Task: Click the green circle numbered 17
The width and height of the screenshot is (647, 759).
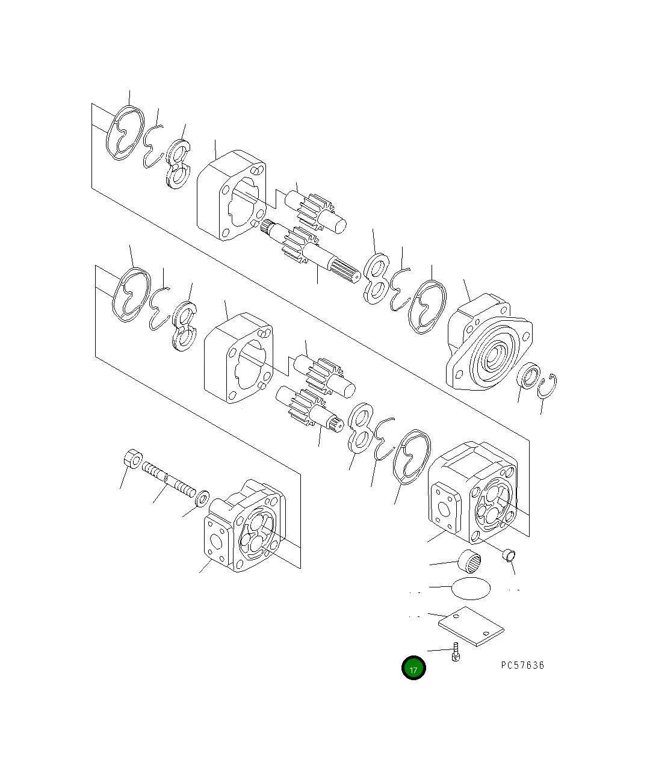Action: click(x=413, y=668)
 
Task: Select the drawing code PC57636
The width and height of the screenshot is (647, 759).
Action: click(x=522, y=665)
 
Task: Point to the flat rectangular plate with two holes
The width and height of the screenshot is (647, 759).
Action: click(x=471, y=627)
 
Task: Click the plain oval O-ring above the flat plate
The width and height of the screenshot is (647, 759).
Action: click(x=469, y=587)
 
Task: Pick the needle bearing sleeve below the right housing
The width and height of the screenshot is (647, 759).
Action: click(x=470, y=562)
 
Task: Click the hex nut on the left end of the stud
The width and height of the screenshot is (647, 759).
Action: click(x=132, y=459)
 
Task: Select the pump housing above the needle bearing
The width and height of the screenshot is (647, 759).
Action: click(x=472, y=489)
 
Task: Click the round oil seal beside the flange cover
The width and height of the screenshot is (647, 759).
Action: click(x=528, y=377)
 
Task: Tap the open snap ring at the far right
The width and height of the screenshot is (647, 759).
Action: click(x=548, y=385)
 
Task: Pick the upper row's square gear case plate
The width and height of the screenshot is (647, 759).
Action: click(x=231, y=196)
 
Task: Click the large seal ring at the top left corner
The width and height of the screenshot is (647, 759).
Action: click(x=125, y=134)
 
